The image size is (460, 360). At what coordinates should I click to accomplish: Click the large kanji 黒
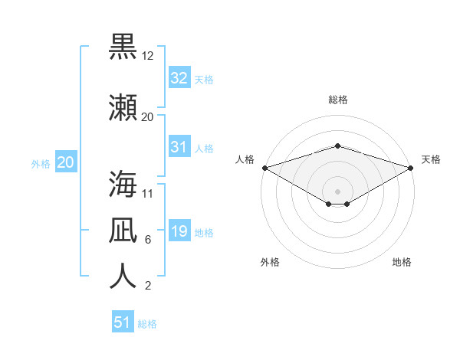tap(123, 47)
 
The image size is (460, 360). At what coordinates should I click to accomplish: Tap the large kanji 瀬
tap(123, 107)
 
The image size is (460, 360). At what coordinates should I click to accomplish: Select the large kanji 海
tap(123, 184)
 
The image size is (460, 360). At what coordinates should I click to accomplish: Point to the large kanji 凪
tap(123, 230)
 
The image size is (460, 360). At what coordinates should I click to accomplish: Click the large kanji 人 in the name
tap(123, 276)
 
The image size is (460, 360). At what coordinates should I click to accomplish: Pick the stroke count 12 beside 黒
tap(147, 56)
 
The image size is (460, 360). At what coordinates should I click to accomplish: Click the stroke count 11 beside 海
tap(147, 194)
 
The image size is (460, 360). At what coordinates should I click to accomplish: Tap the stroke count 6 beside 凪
tap(148, 240)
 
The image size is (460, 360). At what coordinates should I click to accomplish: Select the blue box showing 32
tap(179, 77)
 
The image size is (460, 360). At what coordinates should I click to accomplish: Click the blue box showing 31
tap(179, 146)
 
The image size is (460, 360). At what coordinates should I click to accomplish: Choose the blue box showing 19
tap(179, 230)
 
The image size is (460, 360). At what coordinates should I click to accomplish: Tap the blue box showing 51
tap(123, 321)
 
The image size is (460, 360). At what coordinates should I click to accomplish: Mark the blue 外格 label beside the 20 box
tap(41, 164)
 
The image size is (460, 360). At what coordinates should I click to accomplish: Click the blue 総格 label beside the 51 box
tap(147, 324)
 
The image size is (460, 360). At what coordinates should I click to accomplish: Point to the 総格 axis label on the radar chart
tap(338, 100)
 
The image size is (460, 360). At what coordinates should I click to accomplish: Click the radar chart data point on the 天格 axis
tap(411, 168)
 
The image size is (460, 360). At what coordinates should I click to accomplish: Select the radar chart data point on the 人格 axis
tap(265, 168)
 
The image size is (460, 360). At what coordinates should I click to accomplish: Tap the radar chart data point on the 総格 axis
tap(337, 146)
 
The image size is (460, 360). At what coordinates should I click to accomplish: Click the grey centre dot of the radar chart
tap(337, 191)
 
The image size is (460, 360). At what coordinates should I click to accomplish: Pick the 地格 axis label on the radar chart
tap(402, 262)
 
